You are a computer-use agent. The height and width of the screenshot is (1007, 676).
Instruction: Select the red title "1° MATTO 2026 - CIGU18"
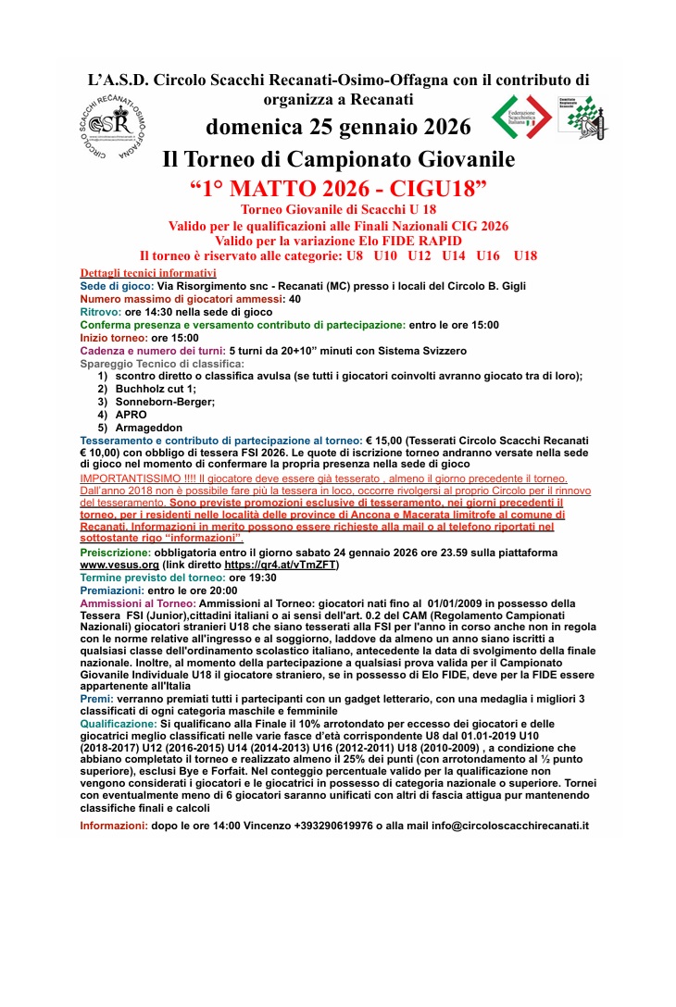(338, 190)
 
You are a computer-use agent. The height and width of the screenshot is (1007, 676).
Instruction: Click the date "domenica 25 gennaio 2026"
(338, 126)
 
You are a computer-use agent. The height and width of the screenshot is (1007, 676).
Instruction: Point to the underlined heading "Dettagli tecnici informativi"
(148, 273)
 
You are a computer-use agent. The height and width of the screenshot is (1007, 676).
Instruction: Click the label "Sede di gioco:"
(116, 287)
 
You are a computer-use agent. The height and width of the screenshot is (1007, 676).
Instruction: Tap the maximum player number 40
(294, 300)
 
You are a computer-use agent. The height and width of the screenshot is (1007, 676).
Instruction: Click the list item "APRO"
(131, 415)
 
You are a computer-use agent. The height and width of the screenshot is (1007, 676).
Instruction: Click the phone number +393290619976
(334, 825)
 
